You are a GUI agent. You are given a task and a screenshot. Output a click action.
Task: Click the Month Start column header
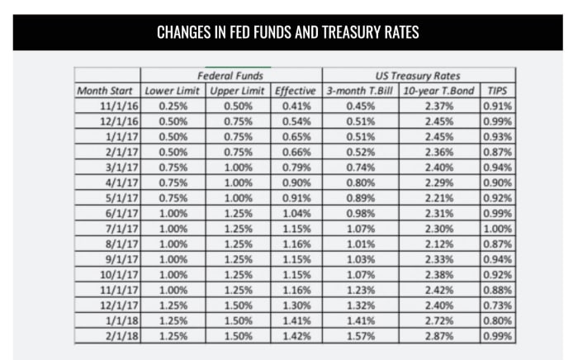107,90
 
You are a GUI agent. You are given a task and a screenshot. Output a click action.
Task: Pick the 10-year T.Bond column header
439,90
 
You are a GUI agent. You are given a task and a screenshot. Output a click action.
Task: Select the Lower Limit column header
173,90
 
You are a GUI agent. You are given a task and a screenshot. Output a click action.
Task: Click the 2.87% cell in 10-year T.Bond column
439,336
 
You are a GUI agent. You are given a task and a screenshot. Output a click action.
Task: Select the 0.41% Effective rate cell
296,106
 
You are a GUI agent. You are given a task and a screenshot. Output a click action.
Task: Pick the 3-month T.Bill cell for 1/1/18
360,320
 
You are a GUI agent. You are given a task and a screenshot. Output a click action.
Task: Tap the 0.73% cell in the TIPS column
498,306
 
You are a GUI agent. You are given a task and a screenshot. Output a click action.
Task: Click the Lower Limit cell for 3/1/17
173,167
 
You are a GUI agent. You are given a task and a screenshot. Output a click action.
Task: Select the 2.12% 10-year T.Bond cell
439,244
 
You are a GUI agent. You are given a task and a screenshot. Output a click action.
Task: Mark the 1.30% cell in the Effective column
296,306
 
